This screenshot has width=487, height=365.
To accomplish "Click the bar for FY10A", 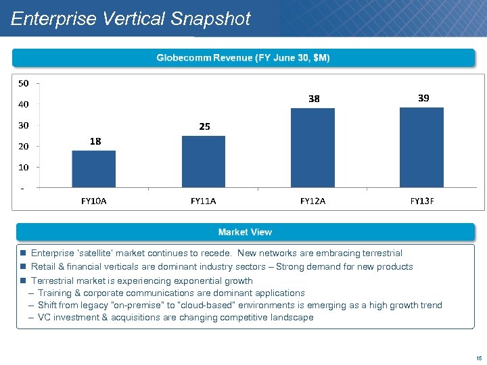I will tap(94, 168).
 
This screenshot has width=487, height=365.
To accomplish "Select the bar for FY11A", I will tap(204, 162).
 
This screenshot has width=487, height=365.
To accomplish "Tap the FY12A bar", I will tap(312, 147).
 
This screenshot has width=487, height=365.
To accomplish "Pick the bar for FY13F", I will tap(422, 147).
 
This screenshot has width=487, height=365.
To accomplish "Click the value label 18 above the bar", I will tap(95, 141).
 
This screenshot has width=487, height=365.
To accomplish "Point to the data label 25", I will tap(204, 126).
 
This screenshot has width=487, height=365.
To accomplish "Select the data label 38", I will tap(314, 99).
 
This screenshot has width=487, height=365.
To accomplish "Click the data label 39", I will tap(423, 98).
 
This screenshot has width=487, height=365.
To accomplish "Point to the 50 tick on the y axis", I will tap(24, 84).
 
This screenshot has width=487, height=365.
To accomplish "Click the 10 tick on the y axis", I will tap(24, 167).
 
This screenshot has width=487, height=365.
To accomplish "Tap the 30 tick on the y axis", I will tap(24, 125).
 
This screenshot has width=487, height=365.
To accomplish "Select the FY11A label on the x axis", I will tap(204, 201).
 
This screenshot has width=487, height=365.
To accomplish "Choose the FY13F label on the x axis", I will tap(422, 201).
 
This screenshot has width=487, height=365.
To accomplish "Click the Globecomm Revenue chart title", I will tap(243, 58).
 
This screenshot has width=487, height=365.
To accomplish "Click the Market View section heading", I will tap(245, 232).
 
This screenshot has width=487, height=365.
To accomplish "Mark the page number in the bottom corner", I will tap(478, 358).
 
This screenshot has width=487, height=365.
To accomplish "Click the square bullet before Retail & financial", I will tap(23, 267).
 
